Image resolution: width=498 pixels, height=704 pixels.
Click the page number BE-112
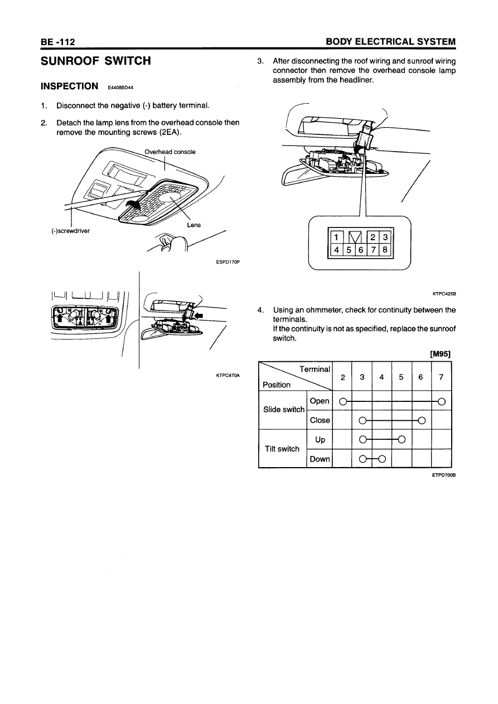(x=58, y=42)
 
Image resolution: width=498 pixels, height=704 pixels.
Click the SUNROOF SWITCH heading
(x=96, y=61)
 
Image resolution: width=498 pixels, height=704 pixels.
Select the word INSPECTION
(x=70, y=86)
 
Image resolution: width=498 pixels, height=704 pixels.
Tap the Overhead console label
(x=170, y=152)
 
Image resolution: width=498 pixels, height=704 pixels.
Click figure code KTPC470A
(x=228, y=376)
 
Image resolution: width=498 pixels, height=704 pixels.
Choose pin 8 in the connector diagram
(x=385, y=250)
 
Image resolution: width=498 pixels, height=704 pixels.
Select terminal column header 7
(x=441, y=377)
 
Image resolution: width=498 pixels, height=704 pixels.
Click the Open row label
(x=319, y=401)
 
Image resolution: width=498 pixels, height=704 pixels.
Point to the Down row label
(x=319, y=459)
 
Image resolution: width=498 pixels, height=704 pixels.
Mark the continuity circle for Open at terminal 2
(x=343, y=401)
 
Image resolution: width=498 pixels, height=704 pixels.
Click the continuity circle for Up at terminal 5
(x=402, y=439)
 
